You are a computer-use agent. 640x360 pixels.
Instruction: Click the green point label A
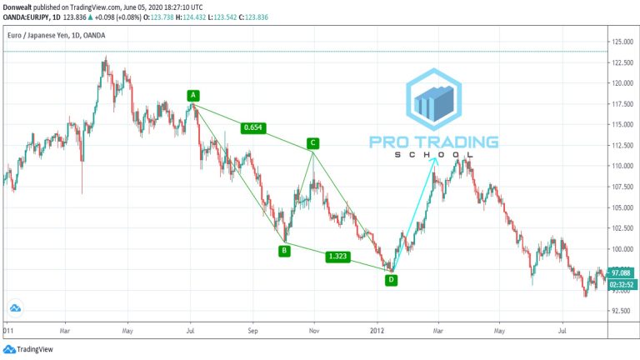coord(192,95)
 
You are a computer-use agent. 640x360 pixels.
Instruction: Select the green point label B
coord(284,249)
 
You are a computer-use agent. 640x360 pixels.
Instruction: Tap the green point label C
coord(312,143)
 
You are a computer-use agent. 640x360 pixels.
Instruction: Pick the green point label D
coord(391,280)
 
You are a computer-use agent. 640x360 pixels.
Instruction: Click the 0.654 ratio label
coord(252,127)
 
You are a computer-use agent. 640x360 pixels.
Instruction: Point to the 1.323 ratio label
coord(338,257)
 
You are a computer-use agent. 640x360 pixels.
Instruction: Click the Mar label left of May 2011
coord(64,330)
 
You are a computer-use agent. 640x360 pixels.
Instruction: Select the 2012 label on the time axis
coord(376,330)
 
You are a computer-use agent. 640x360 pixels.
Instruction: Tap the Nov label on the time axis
coord(313,330)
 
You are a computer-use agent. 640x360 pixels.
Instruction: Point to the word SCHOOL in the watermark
coord(433,154)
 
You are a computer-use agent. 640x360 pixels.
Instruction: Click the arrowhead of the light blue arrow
coord(435,159)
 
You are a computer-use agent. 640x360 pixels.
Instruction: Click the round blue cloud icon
coord(15,307)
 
